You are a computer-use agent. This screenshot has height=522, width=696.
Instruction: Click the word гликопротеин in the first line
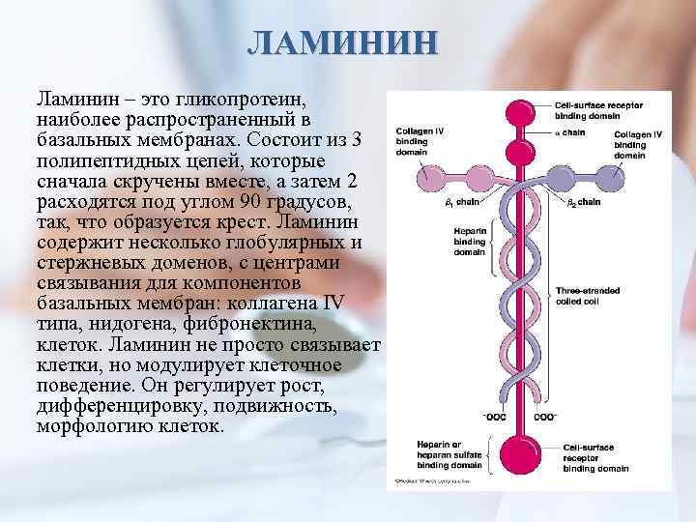[x=243, y=100]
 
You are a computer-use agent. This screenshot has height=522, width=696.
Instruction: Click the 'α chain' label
[x=570, y=130]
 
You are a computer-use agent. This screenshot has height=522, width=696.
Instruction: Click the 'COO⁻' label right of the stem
[x=545, y=416]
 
